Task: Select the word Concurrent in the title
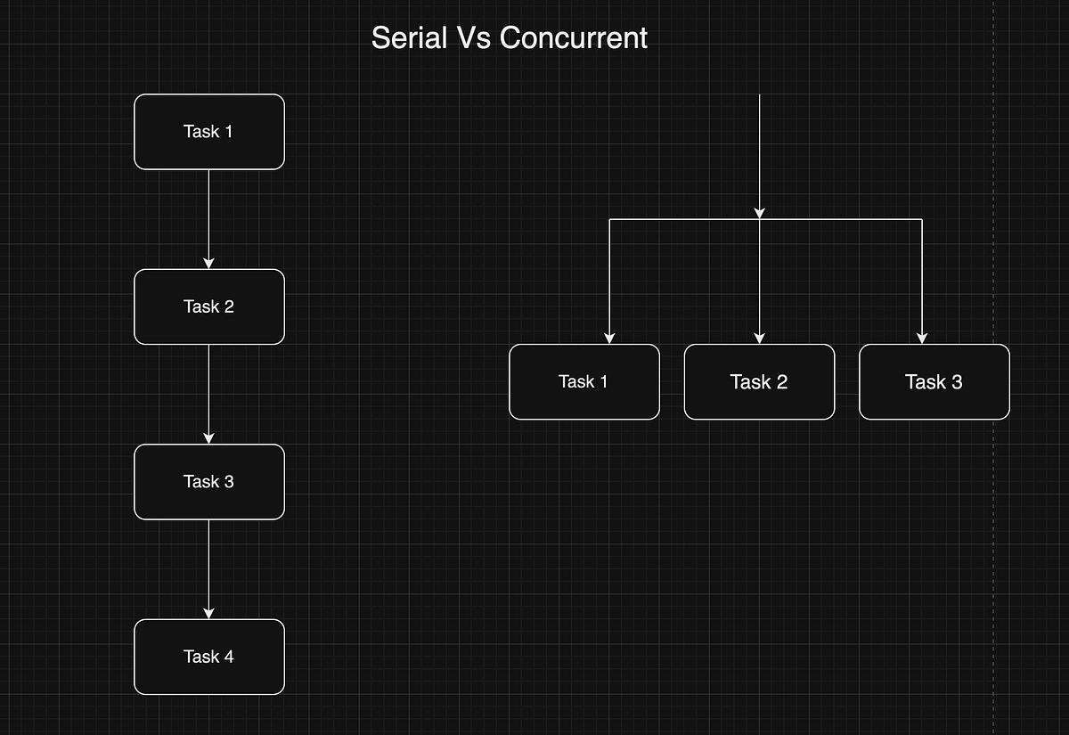[x=573, y=38]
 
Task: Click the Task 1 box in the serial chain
[x=209, y=132]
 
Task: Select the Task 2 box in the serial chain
[x=209, y=306]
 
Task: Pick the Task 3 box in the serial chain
[x=209, y=482]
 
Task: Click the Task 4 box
[x=209, y=657]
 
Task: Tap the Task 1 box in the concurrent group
[x=584, y=381]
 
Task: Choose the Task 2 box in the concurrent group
[x=759, y=381]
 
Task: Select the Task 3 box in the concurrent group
[x=934, y=381]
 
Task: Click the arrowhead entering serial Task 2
[x=209, y=263]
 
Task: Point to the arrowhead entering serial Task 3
[x=209, y=437]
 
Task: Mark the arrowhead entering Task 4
[x=209, y=613]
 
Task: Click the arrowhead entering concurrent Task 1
[x=609, y=338]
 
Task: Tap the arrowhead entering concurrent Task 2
[x=759, y=338]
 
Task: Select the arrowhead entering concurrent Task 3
[x=922, y=338]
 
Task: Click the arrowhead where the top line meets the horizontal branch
[x=759, y=213]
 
